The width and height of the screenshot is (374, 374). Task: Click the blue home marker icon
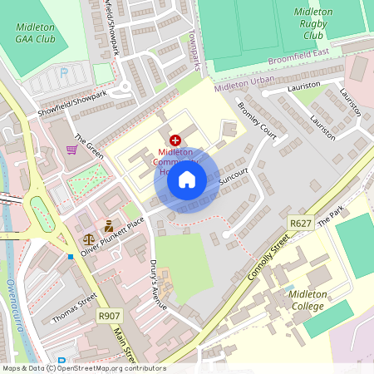point(187,180)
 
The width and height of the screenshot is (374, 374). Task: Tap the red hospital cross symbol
point(175,141)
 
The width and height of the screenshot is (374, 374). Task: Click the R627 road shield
point(300,224)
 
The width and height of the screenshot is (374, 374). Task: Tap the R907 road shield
point(109,315)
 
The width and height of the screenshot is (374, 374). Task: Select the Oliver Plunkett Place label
point(112,236)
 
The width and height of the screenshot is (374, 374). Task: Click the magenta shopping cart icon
point(72,150)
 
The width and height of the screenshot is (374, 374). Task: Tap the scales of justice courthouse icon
point(88,238)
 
